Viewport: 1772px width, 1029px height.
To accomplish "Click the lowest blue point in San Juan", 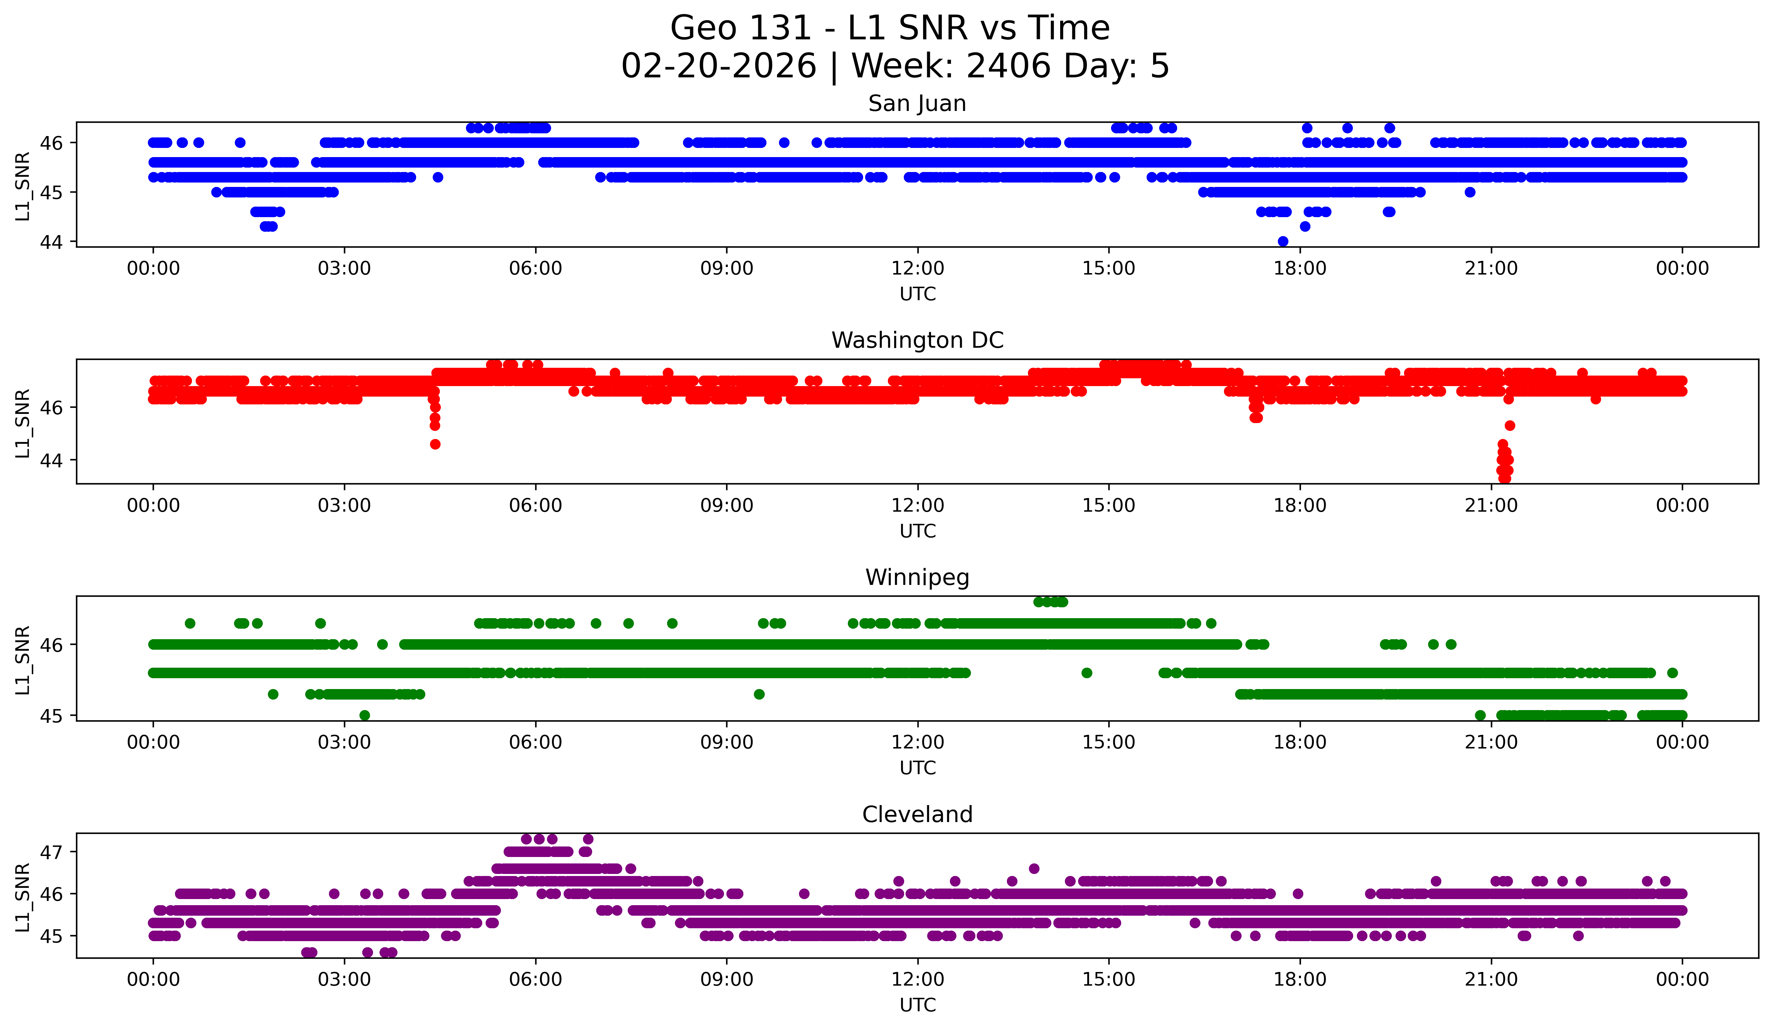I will pos(1283,241).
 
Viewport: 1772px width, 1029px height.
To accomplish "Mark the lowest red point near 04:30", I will pos(435,444).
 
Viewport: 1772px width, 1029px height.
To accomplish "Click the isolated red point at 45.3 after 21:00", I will pos(1510,425).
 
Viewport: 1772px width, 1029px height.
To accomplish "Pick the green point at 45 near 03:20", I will pos(364,715).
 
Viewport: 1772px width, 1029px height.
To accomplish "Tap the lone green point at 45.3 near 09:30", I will pos(759,694).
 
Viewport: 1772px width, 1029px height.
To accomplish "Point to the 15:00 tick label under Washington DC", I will pos(1109,506).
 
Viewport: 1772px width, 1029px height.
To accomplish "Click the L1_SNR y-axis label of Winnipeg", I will pos(22,660).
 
